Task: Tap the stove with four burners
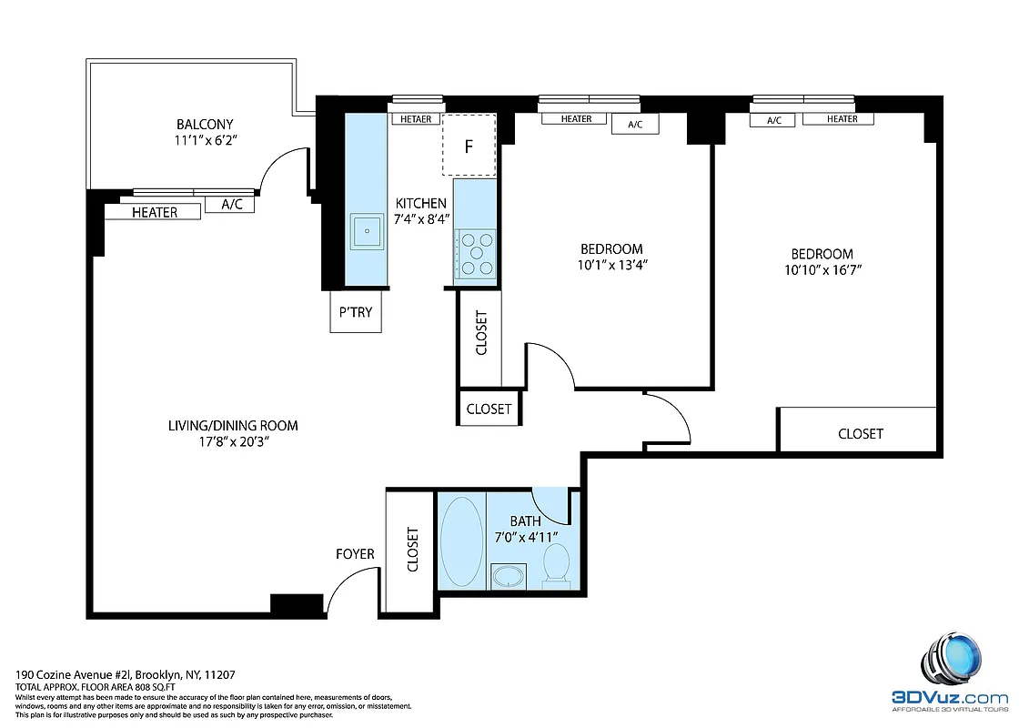pos(476,254)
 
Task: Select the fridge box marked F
pos(469,146)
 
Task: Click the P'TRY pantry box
pos(356,312)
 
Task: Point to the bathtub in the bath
pos(461,540)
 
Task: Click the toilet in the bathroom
pos(554,564)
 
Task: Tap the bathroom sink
pos(508,576)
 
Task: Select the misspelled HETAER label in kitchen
pos(416,119)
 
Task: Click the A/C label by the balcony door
pos(231,205)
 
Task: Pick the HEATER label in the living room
pos(154,212)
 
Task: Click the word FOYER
pos(355,553)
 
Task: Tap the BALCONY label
pos(205,125)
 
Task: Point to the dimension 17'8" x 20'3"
pos(232,441)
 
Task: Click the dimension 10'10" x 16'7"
pos(822,269)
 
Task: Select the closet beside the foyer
pos(411,550)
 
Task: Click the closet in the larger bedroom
pos(860,434)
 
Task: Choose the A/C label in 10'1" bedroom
pos(635,125)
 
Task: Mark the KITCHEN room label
pos(420,203)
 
